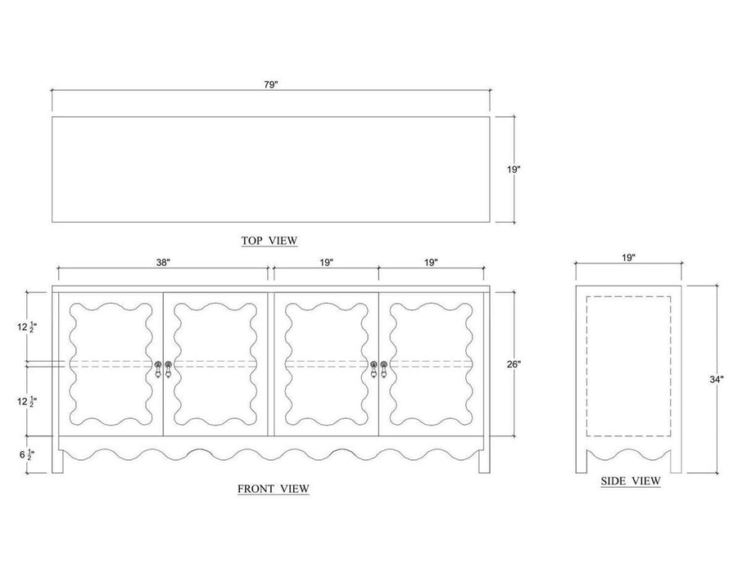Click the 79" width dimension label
(x=271, y=85)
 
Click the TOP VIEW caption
(x=269, y=241)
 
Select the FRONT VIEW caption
(x=273, y=489)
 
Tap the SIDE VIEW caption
(x=631, y=481)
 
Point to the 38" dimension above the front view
(x=163, y=263)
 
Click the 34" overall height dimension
(x=717, y=379)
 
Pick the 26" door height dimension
(x=514, y=364)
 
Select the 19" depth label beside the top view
(x=514, y=169)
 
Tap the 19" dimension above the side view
(x=628, y=258)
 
